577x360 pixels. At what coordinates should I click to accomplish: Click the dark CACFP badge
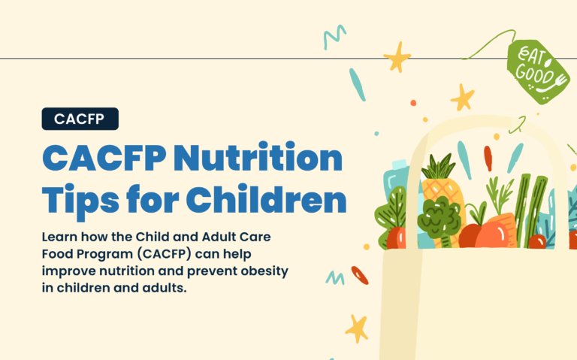tap(80, 118)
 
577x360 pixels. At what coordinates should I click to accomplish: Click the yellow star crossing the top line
tap(396, 57)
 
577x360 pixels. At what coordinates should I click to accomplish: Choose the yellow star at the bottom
tap(355, 328)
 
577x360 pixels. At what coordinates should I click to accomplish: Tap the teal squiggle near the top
tap(334, 37)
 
